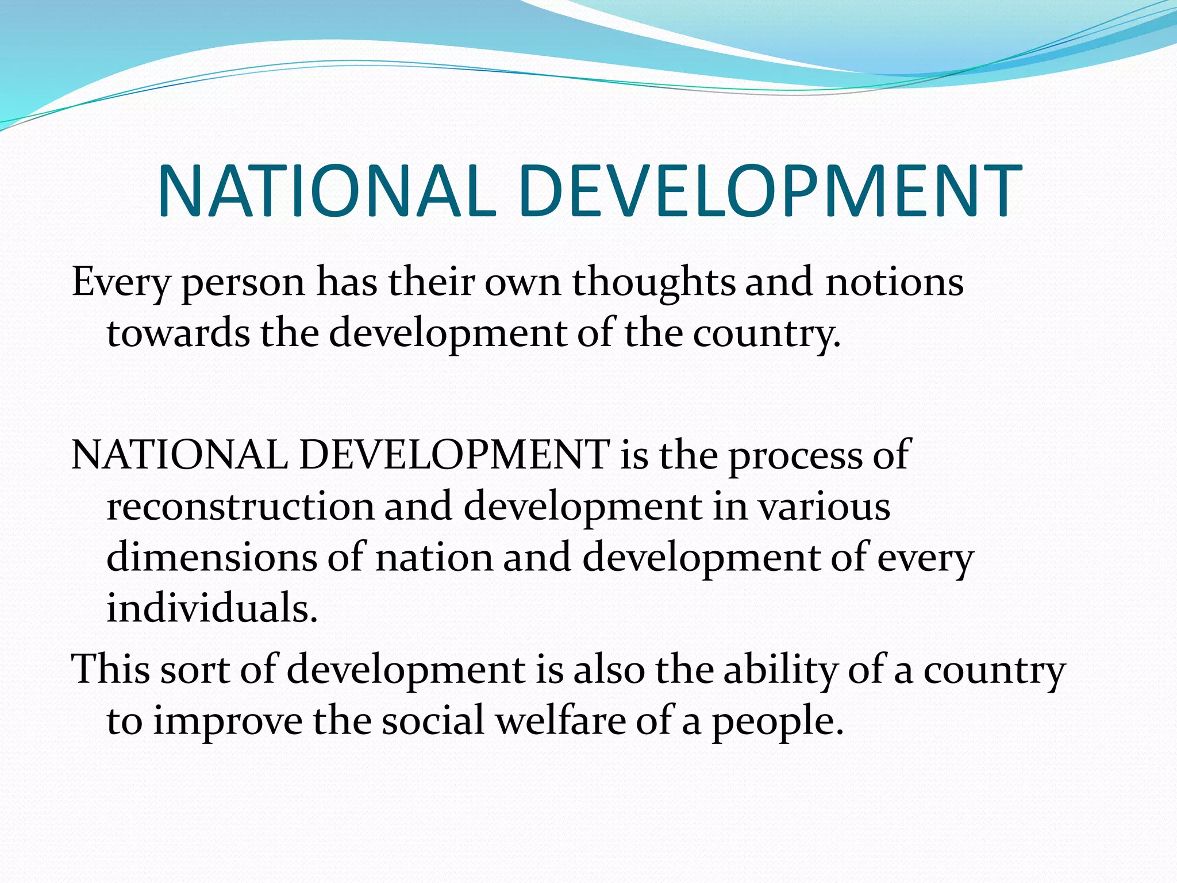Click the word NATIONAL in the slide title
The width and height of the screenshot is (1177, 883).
click(x=326, y=191)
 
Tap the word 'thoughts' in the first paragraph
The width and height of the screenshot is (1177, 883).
click(x=653, y=283)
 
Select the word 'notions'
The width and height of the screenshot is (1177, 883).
click(x=894, y=283)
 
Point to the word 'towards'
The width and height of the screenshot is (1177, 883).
click(x=178, y=334)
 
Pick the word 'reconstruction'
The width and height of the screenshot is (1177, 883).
click(x=240, y=507)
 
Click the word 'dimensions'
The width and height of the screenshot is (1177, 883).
click(x=211, y=558)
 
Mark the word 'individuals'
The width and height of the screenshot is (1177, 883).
click(x=211, y=608)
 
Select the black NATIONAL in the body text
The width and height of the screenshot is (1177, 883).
click(x=179, y=455)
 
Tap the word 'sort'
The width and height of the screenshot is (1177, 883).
click(x=195, y=670)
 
